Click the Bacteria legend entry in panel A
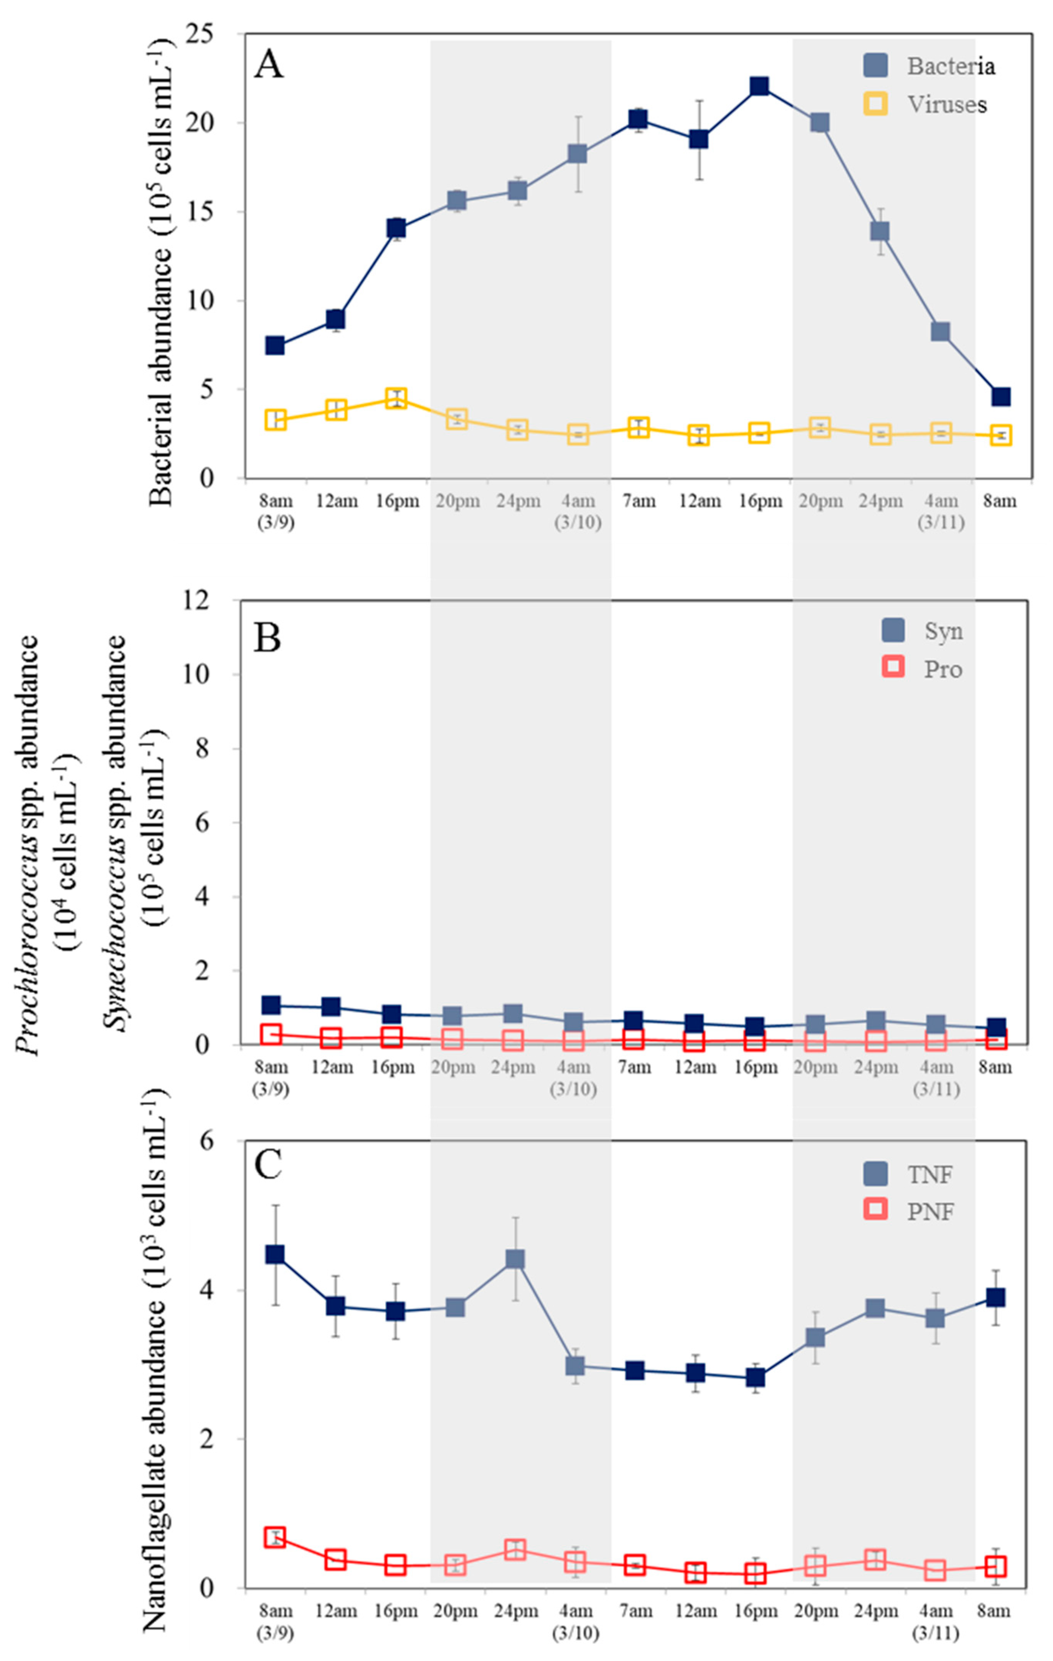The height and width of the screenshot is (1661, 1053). click(929, 66)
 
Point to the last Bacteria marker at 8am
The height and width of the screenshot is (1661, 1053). click(1000, 397)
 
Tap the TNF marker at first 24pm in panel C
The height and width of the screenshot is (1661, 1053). click(515, 1259)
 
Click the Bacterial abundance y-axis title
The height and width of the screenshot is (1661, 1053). click(163, 269)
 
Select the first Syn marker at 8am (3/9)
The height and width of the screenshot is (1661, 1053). click(271, 1005)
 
